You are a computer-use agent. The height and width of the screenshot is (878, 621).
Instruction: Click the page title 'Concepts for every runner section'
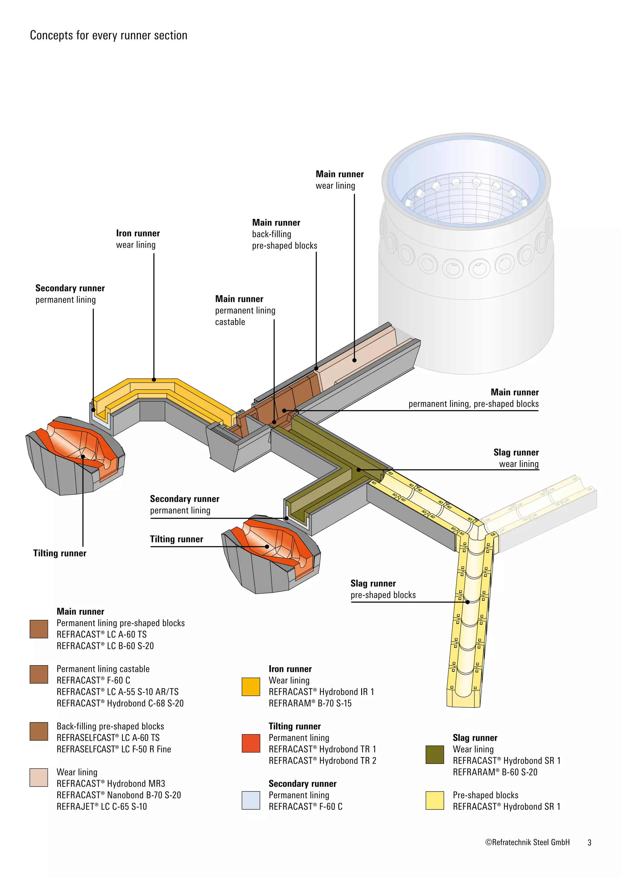click(109, 35)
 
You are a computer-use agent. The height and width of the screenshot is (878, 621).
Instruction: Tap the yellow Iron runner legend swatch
click(251, 687)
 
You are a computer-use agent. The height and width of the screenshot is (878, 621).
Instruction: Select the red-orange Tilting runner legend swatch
click(251, 743)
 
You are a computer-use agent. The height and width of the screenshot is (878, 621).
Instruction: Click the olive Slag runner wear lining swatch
click(435, 755)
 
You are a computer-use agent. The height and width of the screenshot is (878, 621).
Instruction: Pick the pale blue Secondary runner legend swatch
click(251, 800)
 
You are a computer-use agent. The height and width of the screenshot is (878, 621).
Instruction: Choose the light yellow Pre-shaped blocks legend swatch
click(435, 800)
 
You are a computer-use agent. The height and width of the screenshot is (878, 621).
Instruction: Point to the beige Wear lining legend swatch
click(39, 777)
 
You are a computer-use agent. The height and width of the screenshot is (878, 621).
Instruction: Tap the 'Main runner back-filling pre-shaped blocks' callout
click(284, 234)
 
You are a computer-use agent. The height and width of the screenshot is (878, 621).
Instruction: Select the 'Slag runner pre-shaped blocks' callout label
click(383, 589)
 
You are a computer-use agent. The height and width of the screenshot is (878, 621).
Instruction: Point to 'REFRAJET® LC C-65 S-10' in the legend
click(102, 806)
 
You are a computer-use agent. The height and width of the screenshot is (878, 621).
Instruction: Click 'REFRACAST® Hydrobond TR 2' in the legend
click(322, 761)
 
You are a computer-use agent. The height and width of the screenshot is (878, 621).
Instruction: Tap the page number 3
click(589, 843)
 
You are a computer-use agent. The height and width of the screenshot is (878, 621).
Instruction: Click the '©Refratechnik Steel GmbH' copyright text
click(527, 843)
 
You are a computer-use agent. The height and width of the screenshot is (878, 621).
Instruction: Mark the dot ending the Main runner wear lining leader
click(354, 360)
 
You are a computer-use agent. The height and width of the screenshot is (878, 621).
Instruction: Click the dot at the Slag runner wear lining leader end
click(359, 470)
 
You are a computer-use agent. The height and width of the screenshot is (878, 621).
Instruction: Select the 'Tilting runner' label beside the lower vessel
click(176, 539)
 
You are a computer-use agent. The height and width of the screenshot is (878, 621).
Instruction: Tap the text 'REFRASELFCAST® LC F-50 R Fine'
click(114, 749)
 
